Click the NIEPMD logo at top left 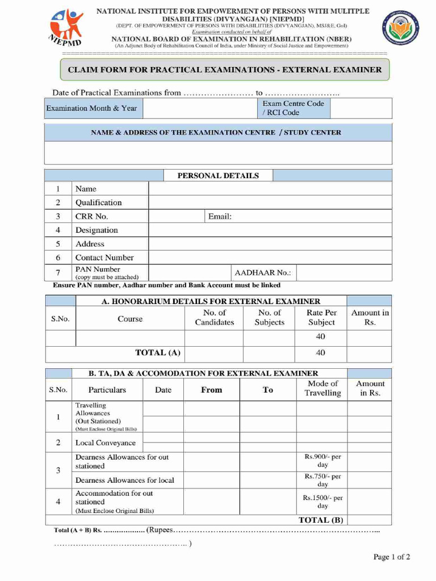tap(66, 28)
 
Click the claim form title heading tap(225, 70)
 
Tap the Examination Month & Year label tap(91, 108)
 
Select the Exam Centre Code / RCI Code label tap(293, 108)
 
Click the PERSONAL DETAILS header tap(218, 175)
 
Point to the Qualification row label tap(98, 203)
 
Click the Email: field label tap(220, 216)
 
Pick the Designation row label tap(97, 230)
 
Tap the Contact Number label tap(104, 258)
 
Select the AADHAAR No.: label tap(262, 272)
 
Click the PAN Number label tap(98, 269)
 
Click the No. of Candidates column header tap(214, 318)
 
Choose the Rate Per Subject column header tap(321, 318)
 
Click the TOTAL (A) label tap(158, 352)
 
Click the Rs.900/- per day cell tap(322, 461)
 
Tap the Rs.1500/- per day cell tap(322, 502)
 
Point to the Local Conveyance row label tap(106, 443)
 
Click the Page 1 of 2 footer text tap(391, 557)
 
